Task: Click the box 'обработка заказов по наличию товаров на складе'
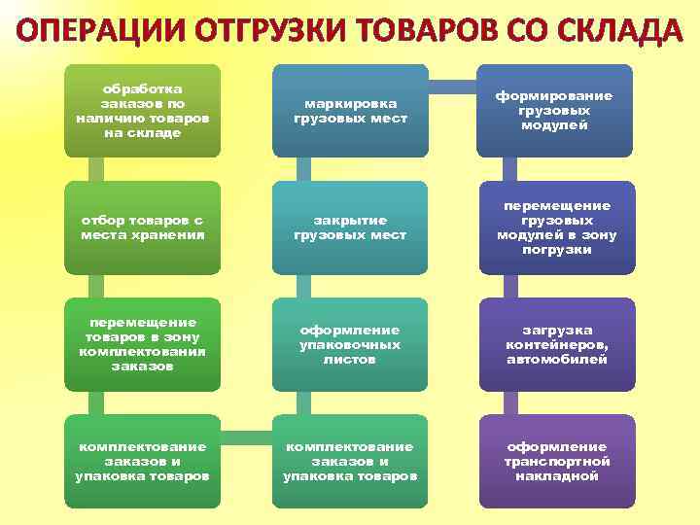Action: tap(142, 111)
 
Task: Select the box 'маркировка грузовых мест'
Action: tap(350, 111)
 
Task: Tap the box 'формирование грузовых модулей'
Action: tap(554, 111)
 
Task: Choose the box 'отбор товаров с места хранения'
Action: tap(142, 227)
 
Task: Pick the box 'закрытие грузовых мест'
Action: tap(350, 227)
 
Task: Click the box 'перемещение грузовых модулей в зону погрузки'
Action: tap(554, 227)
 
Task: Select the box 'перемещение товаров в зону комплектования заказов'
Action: tap(142, 344)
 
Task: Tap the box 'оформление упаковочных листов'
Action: tap(350, 344)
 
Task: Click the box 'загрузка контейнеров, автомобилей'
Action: tap(554, 344)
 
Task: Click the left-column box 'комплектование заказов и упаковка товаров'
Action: tap(142, 461)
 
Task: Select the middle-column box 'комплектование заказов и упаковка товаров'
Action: tap(350, 461)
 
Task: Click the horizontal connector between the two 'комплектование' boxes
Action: tap(246, 431)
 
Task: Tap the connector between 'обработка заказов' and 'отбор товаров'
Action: tap(95, 169)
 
